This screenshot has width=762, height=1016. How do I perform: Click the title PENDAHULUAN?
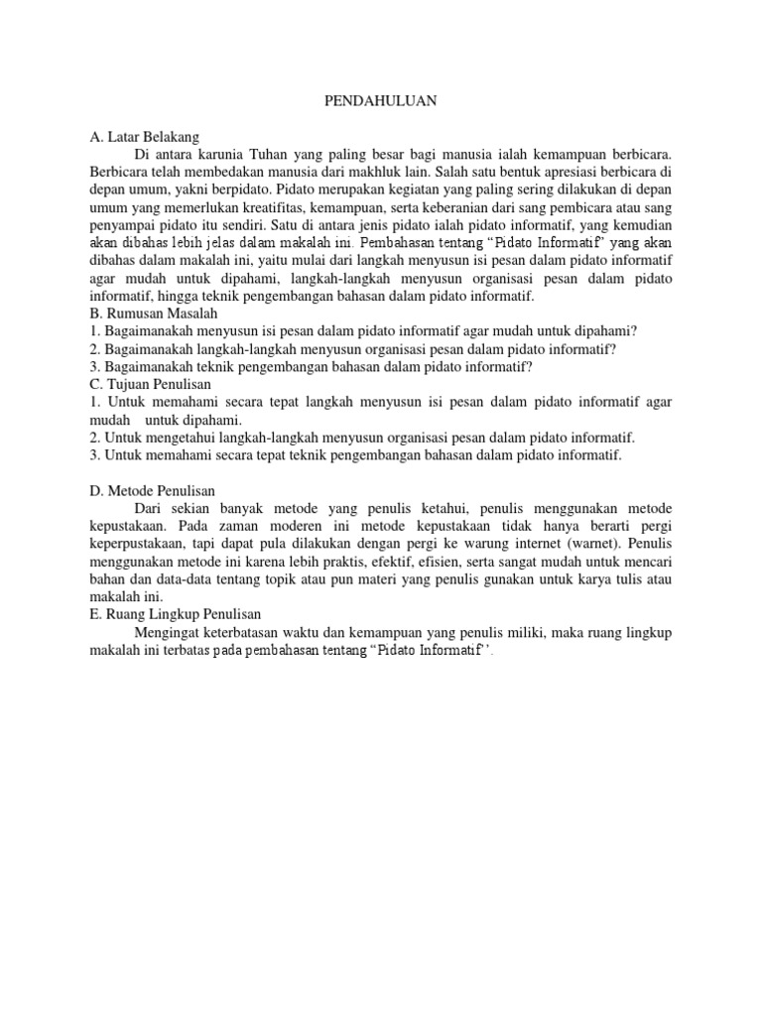click(x=382, y=100)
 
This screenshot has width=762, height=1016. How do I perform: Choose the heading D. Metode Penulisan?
click(x=152, y=490)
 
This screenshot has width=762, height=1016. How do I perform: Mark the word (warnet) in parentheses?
click(x=566, y=544)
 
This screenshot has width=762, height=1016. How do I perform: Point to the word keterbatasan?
click(x=252, y=634)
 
